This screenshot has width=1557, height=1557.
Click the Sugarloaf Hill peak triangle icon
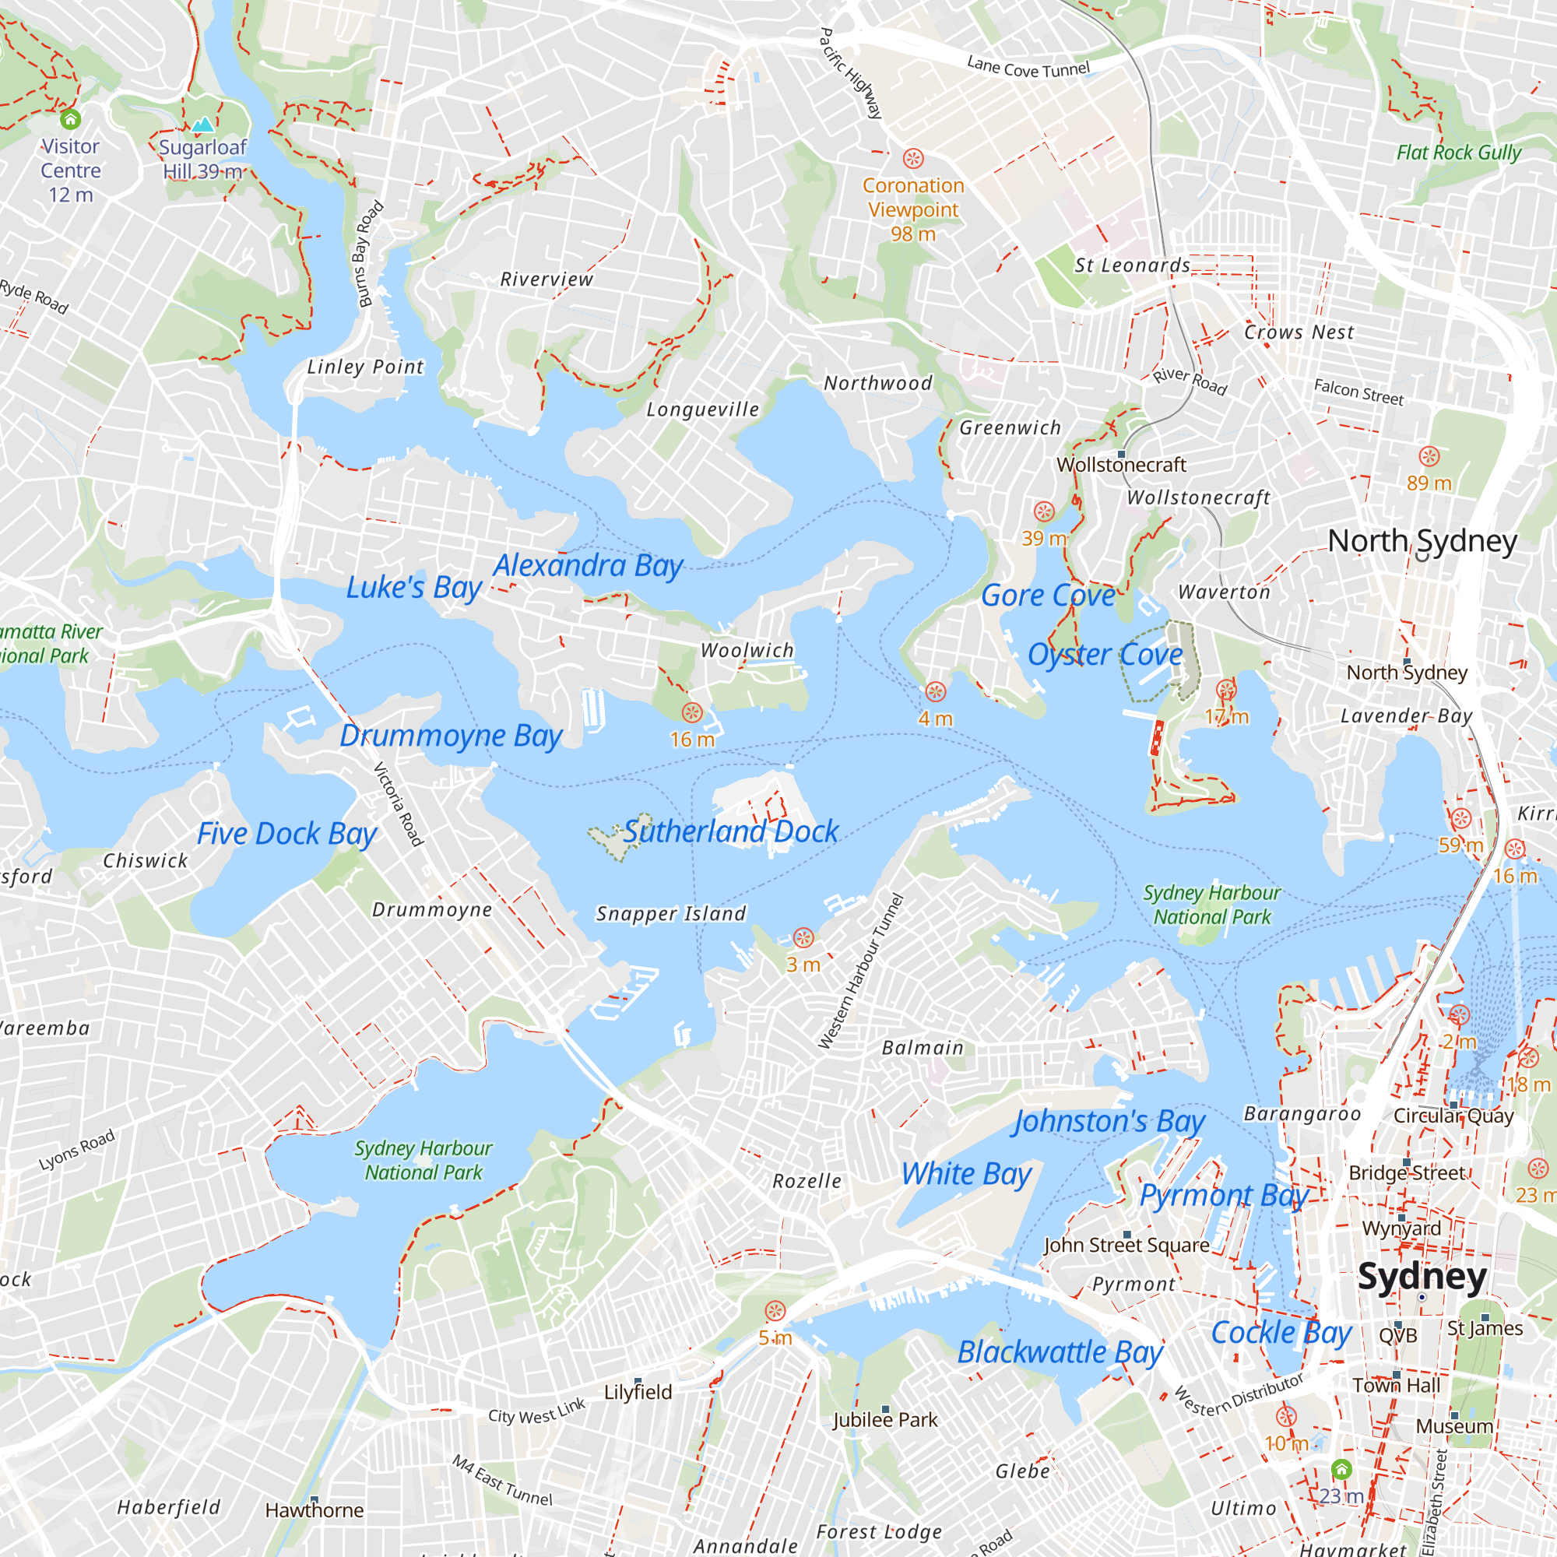point(203,125)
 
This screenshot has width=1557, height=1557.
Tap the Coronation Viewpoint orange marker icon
point(913,158)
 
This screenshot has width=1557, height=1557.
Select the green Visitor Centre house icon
point(71,120)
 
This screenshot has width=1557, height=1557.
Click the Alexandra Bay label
point(589,566)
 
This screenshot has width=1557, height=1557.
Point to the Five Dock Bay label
point(287,834)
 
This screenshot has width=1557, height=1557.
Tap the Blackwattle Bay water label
point(1060,1352)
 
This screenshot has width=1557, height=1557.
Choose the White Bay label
point(966,1174)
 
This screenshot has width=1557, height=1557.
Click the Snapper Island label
point(670,914)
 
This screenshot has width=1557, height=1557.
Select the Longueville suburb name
point(703,410)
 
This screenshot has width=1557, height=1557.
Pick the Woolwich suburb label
point(747,650)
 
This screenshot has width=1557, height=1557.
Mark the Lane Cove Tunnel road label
point(1028,67)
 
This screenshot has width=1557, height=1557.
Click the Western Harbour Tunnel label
point(862,970)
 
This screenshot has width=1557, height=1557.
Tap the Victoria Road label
point(398,803)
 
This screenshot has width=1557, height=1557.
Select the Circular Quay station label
point(1453,1116)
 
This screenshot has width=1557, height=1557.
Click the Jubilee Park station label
point(885,1420)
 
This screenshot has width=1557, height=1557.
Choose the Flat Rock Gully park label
point(1459,153)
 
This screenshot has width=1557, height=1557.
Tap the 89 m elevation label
point(1429,483)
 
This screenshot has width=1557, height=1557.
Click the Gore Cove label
point(1048,596)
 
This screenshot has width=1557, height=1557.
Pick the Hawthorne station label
point(315,1510)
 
